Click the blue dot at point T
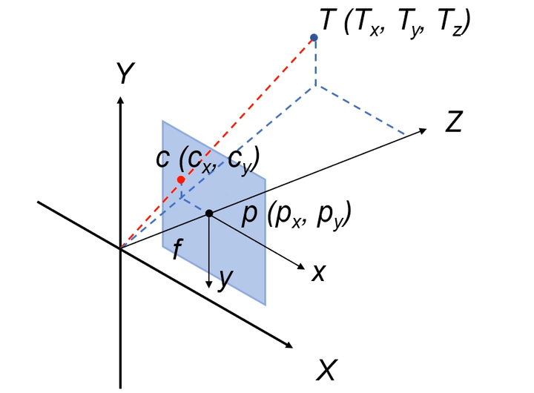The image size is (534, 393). [x=314, y=37]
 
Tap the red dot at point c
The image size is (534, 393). [x=181, y=179]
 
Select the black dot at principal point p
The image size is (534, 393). [x=209, y=214]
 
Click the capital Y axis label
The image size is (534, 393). [x=125, y=73]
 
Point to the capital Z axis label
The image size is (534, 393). [x=454, y=122]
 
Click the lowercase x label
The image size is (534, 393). [x=318, y=273]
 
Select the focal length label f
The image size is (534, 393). [x=176, y=250]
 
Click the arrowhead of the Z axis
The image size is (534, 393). [x=423, y=131]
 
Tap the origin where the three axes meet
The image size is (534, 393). [x=120, y=247]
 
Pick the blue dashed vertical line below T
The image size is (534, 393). [x=315, y=63]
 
